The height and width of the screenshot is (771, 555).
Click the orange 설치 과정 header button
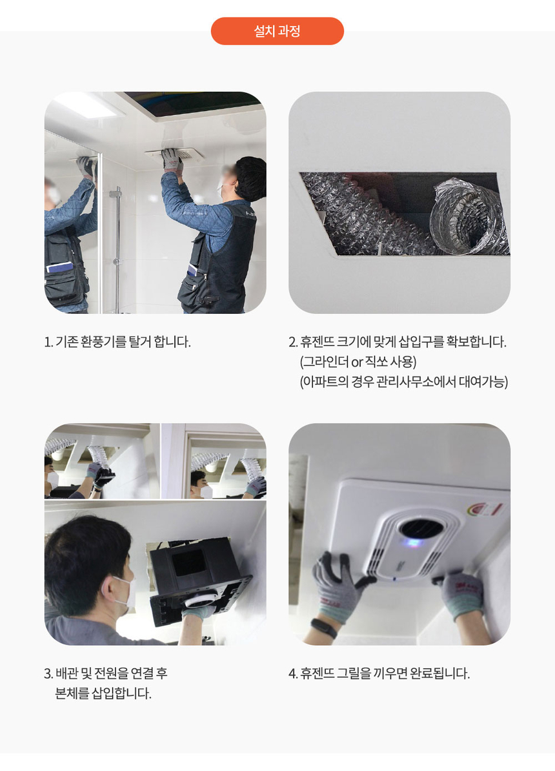277,31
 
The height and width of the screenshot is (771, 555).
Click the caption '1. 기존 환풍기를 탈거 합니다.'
117,342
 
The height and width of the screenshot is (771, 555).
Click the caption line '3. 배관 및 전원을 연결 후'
106,673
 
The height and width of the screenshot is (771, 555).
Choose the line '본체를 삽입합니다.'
103,694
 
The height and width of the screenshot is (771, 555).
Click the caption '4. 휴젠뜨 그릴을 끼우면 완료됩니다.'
379,673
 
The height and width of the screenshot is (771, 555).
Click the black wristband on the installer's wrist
324,628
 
